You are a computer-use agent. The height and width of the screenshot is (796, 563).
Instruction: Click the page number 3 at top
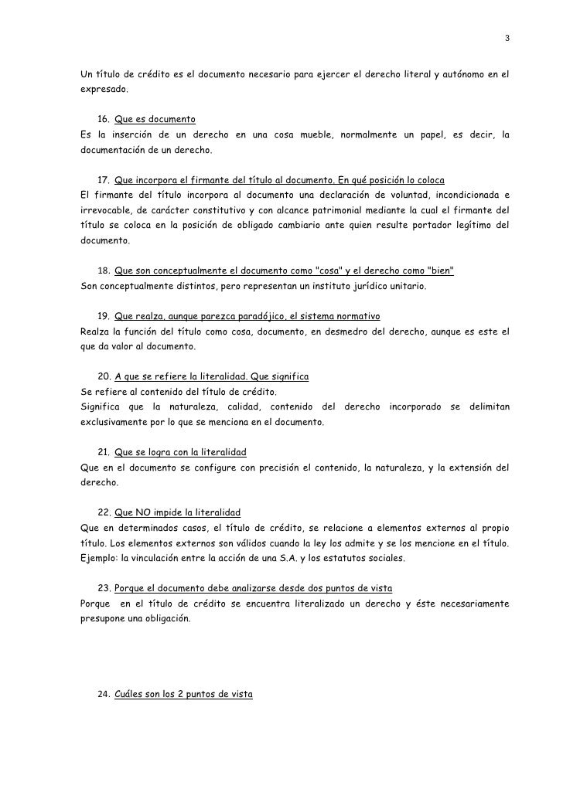pyautogui.click(x=507, y=38)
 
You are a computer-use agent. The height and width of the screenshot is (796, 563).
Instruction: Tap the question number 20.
pyautogui.click(x=105, y=376)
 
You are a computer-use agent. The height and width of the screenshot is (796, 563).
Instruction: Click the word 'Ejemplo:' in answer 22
pyautogui.click(x=100, y=558)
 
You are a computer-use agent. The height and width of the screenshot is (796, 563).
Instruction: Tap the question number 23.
pyautogui.click(x=105, y=588)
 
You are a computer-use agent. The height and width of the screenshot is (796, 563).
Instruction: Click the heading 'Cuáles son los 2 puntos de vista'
pyautogui.click(x=183, y=693)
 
